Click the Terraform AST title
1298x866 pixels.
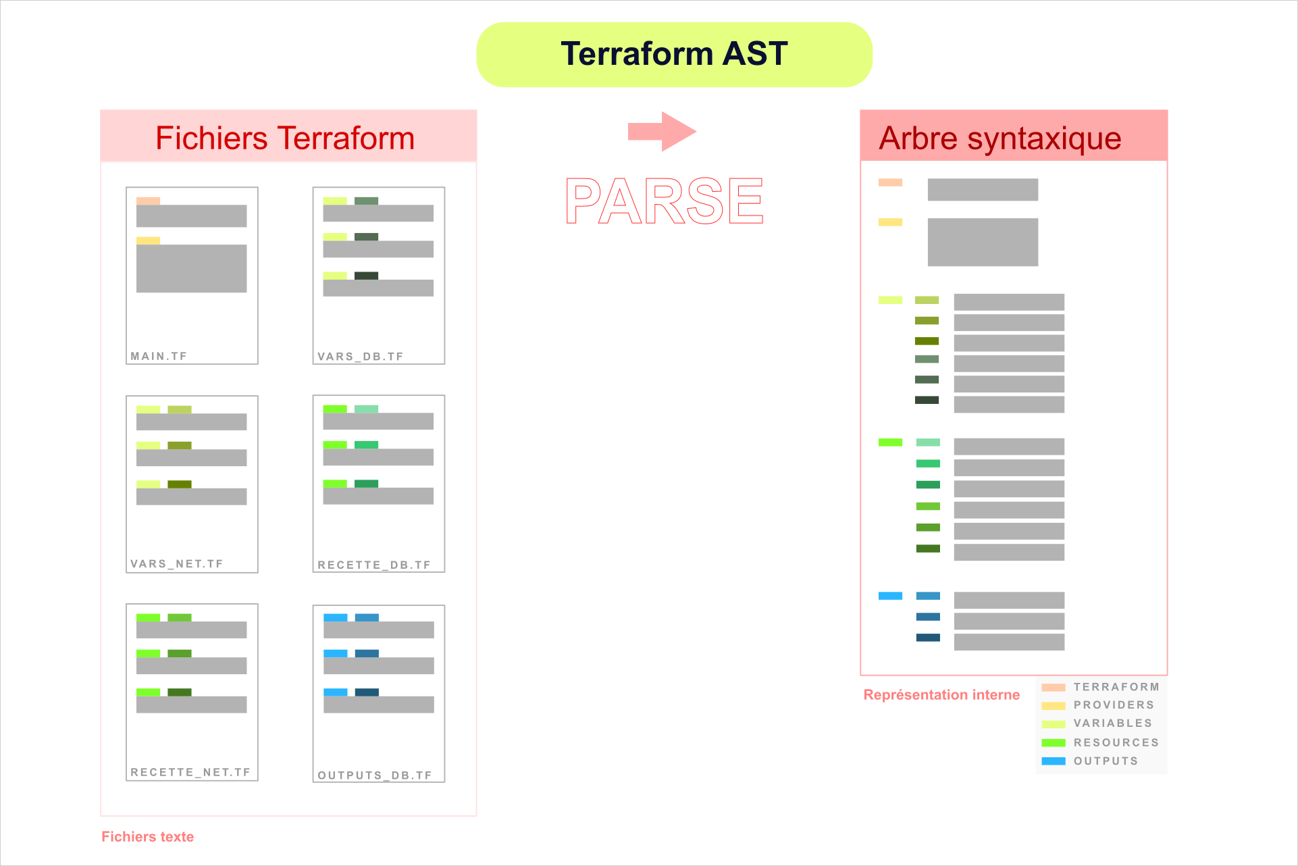pos(674,54)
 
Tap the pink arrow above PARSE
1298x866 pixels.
pos(661,131)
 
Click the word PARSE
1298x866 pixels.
pos(665,201)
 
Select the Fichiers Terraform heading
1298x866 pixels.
pos(285,138)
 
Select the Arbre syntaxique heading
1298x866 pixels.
pos(1000,138)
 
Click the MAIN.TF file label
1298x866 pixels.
pos(159,356)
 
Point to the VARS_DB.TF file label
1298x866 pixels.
pos(361,357)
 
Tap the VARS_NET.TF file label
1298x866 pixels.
pos(177,564)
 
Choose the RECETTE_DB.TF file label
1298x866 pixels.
pos(374,565)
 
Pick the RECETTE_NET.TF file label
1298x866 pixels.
pos(190,772)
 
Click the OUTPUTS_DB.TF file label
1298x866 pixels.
pos(375,775)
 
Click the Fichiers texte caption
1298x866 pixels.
pos(148,837)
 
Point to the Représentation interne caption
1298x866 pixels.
pos(941,695)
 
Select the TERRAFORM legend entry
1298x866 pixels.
pos(1116,687)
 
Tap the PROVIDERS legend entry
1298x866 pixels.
pos(1114,705)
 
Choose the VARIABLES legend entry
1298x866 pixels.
pos(1113,723)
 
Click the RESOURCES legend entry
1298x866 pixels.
pos(1116,742)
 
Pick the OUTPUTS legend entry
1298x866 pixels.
pos(1106,761)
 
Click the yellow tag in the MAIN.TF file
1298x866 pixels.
pos(148,240)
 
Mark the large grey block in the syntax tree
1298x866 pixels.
pos(983,242)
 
